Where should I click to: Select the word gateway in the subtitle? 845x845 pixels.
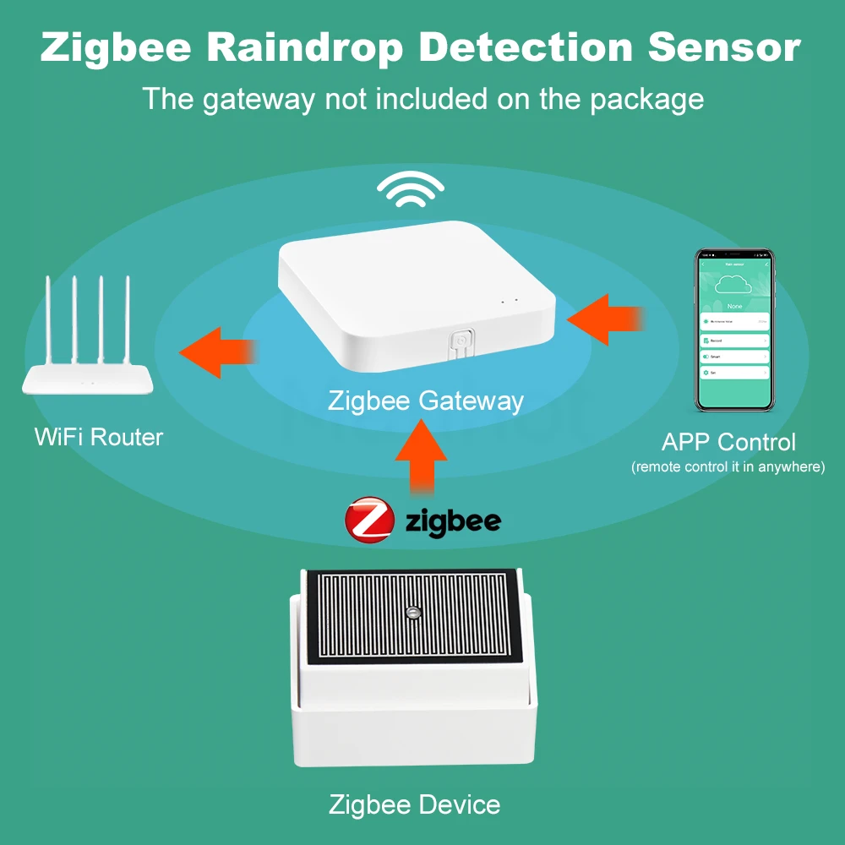(x=259, y=99)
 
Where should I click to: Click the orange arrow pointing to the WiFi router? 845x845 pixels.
(x=218, y=349)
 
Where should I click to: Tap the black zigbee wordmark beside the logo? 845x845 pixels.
(x=453, y=521)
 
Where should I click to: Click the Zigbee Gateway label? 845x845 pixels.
(x=426, y=400)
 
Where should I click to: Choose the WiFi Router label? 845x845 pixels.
(x=99, y=437)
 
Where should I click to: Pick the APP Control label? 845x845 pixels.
(x=728, y=442)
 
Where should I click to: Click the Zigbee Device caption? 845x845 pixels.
(x=414, y=804)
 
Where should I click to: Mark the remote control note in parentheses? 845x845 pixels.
(x=728, y=466)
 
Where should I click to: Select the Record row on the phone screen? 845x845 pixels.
(x=733, y=340)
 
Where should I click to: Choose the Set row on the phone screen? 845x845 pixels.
(x=733, y=373)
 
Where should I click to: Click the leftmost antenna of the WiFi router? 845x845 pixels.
(x=48, y=324)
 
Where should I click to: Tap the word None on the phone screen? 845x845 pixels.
(x=734, y=306)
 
